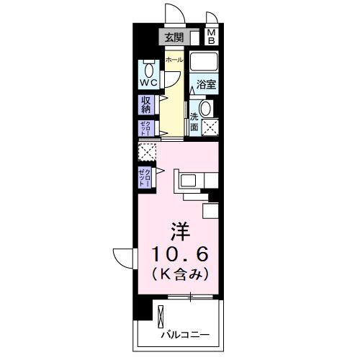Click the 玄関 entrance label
tap(174, 37)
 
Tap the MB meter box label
tap(212, 37)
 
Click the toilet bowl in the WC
tap(148, 71)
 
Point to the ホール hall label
tap(174, 61)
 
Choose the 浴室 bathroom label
tap(206, 85)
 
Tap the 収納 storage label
tap(145, 105)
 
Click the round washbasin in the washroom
tap(204, 109)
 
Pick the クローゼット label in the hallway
tap(145, 128)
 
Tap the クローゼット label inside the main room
tap(145, 176)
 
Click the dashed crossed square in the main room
tap(147, 153)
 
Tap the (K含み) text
tap(180, 274)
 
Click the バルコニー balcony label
tap(185, 335)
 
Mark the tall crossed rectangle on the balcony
tap(161, 317)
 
